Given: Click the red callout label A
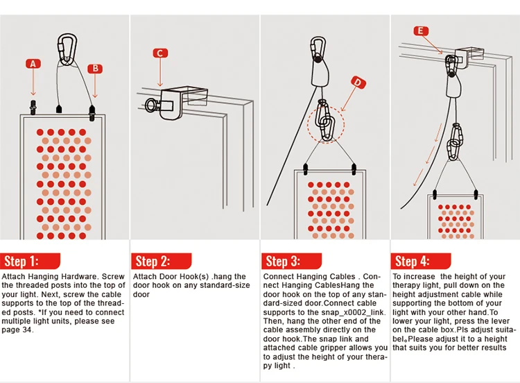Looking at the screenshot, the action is (x=33, y=64).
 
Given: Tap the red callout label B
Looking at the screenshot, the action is (x=95, y=69).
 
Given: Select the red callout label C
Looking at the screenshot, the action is (x=160, y=53).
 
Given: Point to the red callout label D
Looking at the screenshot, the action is (x=358, y=83).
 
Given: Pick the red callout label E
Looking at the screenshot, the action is (x=421, y=31).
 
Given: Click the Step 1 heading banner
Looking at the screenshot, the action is (x=31, y=261).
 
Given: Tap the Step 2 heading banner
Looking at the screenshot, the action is (x=161, y=261).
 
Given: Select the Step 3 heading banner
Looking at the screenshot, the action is (x=291, y=261).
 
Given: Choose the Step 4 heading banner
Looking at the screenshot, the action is (x=421, y=261).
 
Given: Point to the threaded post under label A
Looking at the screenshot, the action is (x=33, y=108).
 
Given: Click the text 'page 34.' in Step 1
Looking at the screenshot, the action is (x=17, y=330).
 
